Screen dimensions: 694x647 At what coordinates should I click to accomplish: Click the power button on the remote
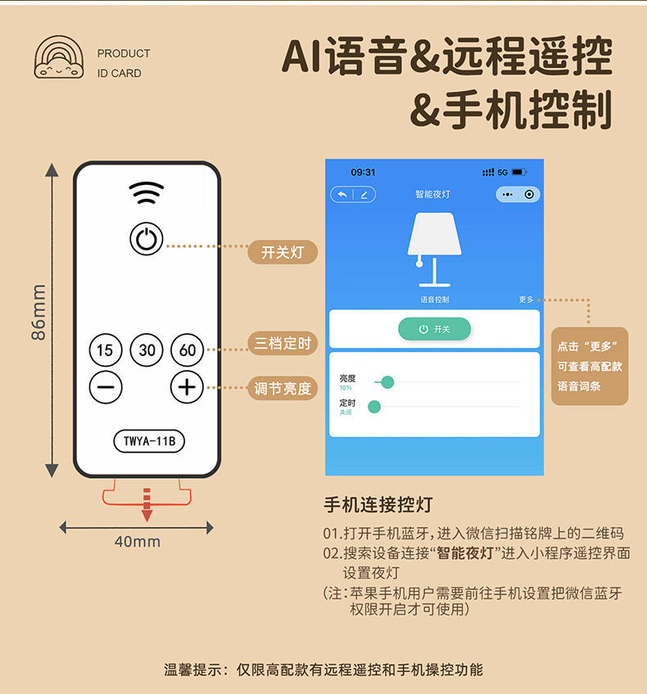(x=146, y=240)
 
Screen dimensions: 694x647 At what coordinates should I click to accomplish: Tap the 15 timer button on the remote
(x=105, y=350)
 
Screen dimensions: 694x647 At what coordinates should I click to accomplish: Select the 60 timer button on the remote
(x=188, y=350)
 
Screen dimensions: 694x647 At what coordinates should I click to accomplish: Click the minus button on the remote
(x=105, y=386)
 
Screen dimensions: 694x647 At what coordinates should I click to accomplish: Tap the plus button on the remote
(x=188, y=386)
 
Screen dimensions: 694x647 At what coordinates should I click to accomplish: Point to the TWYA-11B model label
(x=148, y=442)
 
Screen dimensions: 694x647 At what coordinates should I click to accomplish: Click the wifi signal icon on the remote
(x=146, y=193)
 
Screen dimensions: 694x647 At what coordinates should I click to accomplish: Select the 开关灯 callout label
(x=283, y=252)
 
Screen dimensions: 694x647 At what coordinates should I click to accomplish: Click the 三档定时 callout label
(x=283, y=344)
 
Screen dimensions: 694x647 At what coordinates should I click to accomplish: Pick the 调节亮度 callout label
(x=283, y=389)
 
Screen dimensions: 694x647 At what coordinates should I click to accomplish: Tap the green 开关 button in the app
(x=434, y=329)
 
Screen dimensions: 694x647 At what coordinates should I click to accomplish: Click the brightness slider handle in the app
(x=387, y=382)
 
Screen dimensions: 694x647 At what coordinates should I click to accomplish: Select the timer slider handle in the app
(x=374, y=407)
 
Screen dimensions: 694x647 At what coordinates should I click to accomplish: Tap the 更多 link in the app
(x=526, y=300)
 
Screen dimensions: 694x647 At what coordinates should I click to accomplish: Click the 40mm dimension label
(x=137, y=542)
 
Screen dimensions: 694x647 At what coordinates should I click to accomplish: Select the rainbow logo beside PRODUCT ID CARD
(x=59, y=58)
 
